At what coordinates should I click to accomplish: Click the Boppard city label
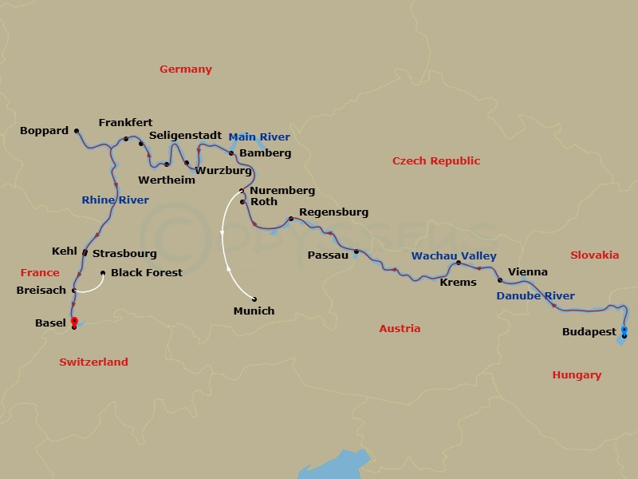point(45,131)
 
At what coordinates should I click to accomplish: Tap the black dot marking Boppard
point(77,131)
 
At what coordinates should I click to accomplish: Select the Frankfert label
point(125,123)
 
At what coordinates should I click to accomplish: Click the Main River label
point(259,137)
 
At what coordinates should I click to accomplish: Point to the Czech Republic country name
point(435,161)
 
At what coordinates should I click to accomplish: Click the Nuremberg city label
point(282,191)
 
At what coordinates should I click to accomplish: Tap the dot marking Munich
point(254,299)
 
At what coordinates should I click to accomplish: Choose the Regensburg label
point(333,212)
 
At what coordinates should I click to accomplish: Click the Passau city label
point(328,255)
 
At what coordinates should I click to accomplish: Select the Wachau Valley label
point(453,256)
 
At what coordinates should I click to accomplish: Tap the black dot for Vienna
point(500,280)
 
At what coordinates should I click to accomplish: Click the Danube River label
point(535,296)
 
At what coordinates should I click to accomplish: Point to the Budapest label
point(589,331)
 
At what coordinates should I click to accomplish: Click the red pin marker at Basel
point(74,321)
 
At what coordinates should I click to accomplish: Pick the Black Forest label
point(147,273)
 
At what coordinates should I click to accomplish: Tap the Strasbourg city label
point(124,254)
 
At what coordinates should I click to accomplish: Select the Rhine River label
point(115,200)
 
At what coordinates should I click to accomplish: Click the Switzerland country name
point(93,362)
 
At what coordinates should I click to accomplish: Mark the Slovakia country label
point(594,255)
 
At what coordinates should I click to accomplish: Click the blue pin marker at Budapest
point(624,330)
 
